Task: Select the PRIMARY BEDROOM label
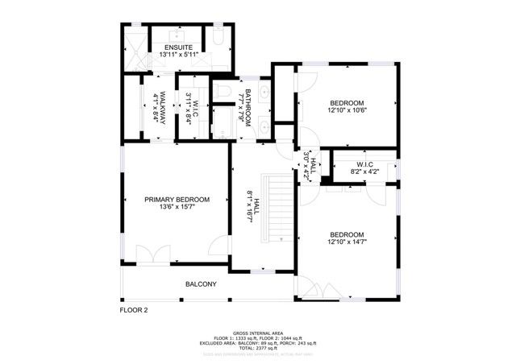pos(177,200)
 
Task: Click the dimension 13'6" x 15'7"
pos(177,208)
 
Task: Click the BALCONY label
pos(201,284)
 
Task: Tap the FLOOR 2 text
pos(134,308)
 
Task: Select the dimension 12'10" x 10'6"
pos(347,112)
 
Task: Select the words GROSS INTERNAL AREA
pos(257,332)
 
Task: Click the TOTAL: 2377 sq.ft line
pos(257,347)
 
